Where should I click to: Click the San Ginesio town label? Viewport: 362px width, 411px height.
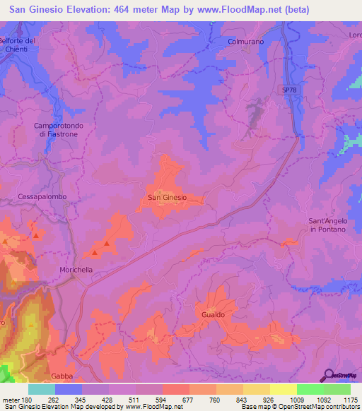(167, 198)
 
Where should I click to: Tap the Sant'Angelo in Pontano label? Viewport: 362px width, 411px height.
(328, 225)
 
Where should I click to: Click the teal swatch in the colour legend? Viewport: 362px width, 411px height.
(42, 389)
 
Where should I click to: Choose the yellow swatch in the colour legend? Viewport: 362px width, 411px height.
(283, 389)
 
